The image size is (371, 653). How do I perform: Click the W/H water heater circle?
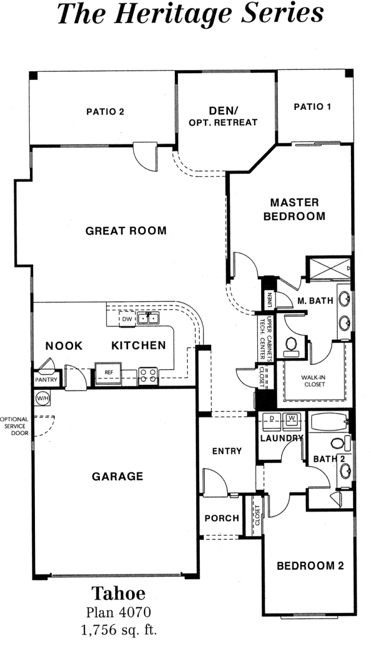point(42,398)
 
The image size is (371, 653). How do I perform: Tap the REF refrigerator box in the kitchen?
point(109,373)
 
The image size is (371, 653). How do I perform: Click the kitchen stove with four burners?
point(148,375)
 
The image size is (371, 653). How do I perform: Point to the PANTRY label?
point(46,380)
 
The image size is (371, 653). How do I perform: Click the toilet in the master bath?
point(291,347)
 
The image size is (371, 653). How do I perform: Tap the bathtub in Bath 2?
point(329,422)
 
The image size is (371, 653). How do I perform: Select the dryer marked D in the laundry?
point(271,421)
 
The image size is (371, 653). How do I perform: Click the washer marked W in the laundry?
point(293,421)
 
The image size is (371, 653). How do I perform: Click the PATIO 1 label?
point(313,107)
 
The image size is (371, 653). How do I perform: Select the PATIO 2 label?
point(105,112)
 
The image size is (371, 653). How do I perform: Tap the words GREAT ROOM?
point(125,231)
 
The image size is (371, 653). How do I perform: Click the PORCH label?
point(222,519)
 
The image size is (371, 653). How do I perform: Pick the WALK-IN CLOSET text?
point(314,381)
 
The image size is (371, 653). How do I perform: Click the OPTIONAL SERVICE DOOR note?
point(14,426)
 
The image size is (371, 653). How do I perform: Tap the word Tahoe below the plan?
point(118,593)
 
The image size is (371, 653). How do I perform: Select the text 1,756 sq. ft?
point(119,630)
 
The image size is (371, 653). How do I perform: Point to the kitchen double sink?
point(148,319)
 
